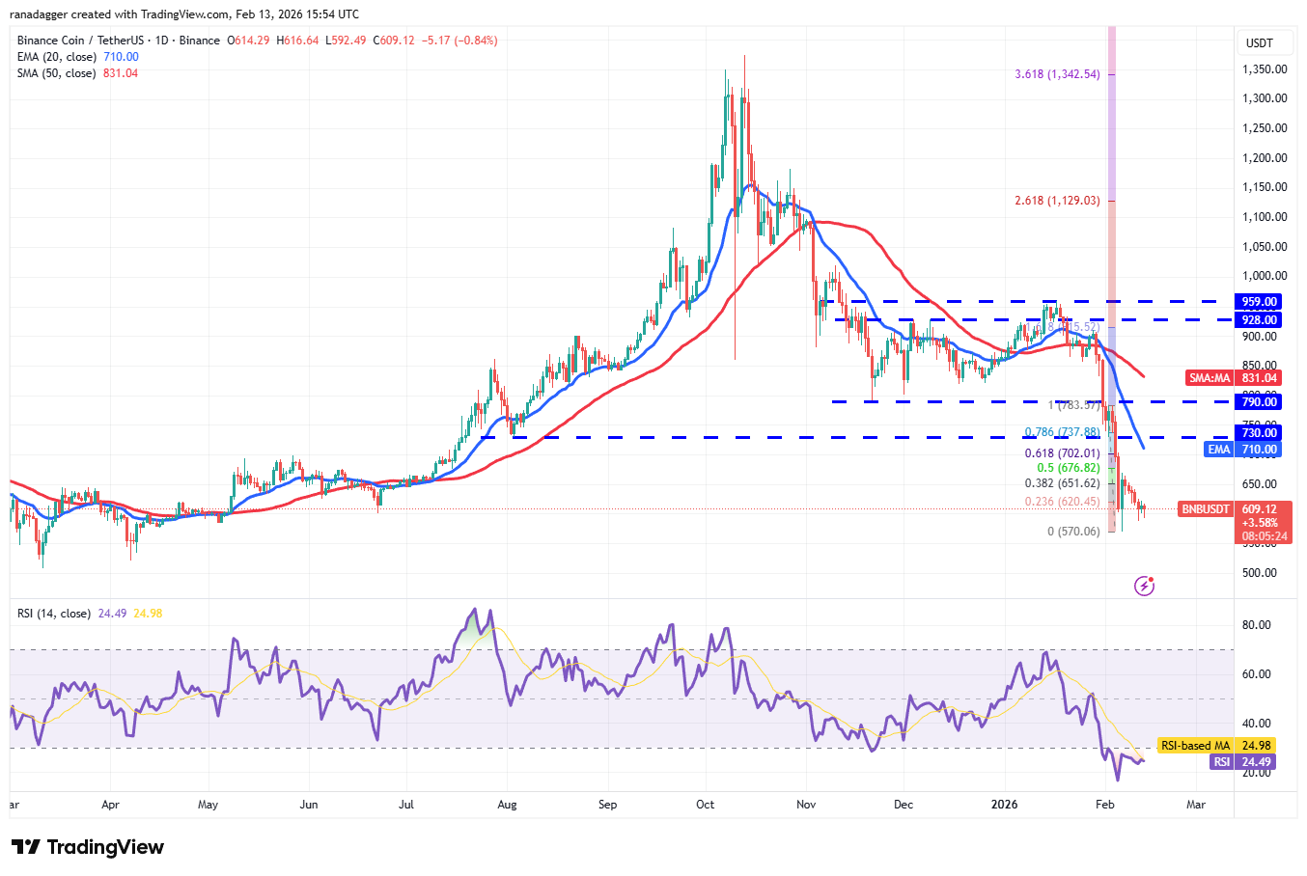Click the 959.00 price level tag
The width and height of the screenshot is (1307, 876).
1260,302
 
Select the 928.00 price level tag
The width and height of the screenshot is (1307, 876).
1260,320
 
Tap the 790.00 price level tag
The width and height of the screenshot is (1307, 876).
1260,402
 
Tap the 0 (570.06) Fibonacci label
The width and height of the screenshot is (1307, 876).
1073,532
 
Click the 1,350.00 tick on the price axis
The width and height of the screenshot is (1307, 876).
1264,69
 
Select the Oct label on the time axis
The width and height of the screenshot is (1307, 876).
706,805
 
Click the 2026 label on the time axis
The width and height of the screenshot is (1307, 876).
1005,805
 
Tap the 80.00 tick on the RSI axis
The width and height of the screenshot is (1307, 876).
1256,625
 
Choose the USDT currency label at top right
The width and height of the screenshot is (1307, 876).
1260,43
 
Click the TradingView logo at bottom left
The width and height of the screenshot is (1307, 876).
88,847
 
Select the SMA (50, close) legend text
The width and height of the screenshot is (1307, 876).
56,73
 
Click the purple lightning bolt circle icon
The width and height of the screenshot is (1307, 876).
1144,586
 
